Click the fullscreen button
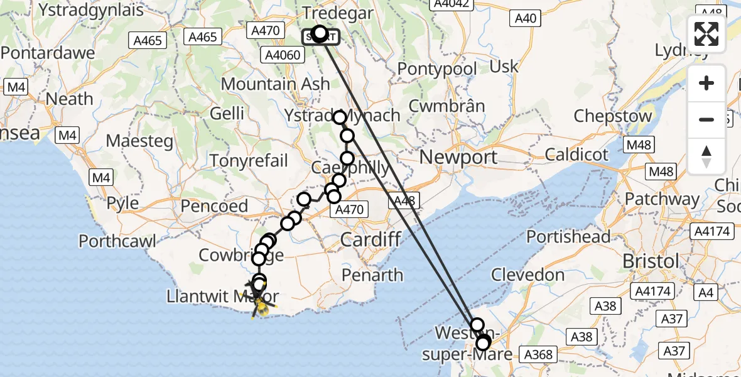(x=706, y=34)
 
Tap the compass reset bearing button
(x=706, y=156)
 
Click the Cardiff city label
(x=370, y=239)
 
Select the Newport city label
(x=458, y=157)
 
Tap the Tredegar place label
(x=337, y=13)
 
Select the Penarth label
(x=373, y=275)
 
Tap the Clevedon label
(x=527, y=275)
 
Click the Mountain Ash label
(x=275, y=84)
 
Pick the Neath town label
(x=69, y=99)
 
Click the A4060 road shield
(x=282, y=55)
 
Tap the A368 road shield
(x=538, y=355)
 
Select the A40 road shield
(x=525, y=18)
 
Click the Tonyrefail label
(x=249, y=160)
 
